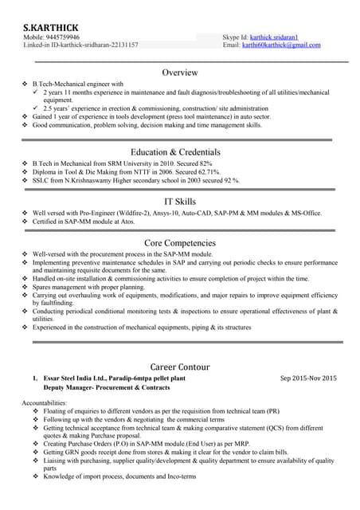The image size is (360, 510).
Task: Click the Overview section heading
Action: click(x=180, y=73)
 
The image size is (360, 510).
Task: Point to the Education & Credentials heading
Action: click(x=180, y=151)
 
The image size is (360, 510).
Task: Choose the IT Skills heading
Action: click(x=180, y=202)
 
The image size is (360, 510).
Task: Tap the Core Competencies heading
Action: click(x=180, y=242)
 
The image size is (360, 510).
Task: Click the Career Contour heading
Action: click(x=180, y=367)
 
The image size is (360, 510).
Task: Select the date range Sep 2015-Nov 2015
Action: click(x=309, y=378)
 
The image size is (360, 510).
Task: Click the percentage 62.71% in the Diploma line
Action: click(x=205, y=171)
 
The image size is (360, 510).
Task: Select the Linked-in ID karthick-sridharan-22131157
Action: click(x=100, y=45)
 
